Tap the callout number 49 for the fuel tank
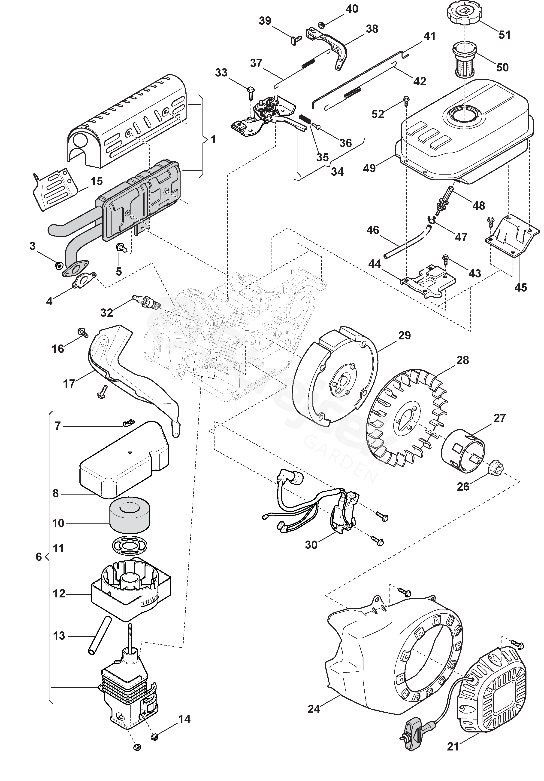[369, 168]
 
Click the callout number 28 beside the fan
[462, 360]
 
